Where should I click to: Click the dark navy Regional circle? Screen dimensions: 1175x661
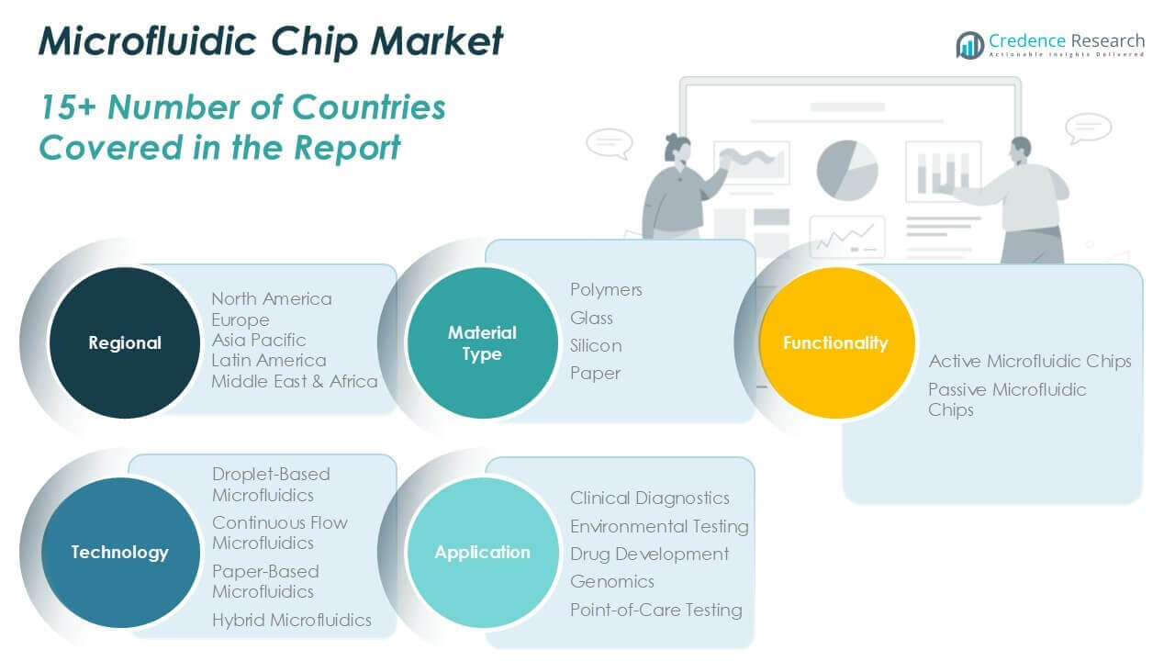click(125, 342)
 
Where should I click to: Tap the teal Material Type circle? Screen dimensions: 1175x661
click(483, 342)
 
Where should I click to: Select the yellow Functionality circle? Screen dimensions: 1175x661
click(836, 342)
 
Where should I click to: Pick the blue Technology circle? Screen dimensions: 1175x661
click(120, 553)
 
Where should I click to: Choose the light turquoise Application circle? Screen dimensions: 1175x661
click(483, 553)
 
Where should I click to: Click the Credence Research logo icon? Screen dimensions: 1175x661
click(970, 45)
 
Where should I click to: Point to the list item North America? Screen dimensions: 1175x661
click(272, 299)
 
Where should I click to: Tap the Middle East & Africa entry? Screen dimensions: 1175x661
click(295, 381)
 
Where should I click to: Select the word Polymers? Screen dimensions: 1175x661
click(606, 290)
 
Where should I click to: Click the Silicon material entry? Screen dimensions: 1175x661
click(596, 346)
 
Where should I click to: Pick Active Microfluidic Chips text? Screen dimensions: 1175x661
click(1030, 362)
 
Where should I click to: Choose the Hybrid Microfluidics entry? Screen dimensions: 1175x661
click(292, 620)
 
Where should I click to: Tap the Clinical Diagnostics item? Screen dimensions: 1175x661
click(649, 498)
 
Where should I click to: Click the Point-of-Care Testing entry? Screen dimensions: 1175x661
click(656, 611)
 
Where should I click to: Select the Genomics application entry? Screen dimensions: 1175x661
click(612, 582)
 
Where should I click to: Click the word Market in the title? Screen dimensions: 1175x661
click(436, 41)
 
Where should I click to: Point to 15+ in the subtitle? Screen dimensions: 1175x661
click(68, 107)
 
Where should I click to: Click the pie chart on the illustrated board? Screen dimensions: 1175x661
click(847, 170)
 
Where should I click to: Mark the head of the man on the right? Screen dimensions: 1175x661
click(1020, 150)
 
